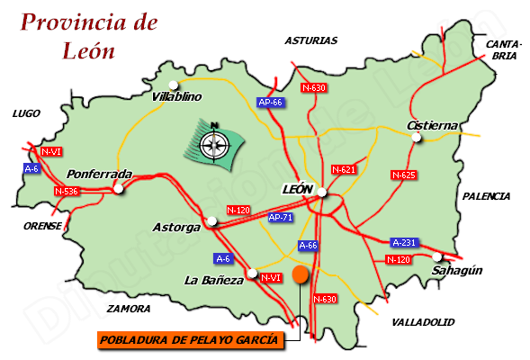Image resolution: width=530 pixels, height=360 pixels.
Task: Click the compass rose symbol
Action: click(214, 142)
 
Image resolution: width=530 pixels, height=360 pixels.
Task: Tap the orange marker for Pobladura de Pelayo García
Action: click(300, 275)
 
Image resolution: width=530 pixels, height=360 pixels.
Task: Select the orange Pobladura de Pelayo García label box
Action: click(188, 339)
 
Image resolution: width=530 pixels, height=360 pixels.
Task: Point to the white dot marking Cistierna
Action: click(416, 138)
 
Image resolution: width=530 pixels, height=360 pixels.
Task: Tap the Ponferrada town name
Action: click(100, 174)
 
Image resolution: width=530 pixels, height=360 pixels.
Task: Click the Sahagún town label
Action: click(457, 270)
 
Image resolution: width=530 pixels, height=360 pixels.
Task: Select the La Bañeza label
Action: click(214, 280)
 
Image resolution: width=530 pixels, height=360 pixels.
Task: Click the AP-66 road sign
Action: click(270, 103)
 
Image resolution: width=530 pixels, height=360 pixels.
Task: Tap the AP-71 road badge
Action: click(281, 217)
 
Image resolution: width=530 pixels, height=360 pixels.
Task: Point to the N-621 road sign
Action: click(345, 169)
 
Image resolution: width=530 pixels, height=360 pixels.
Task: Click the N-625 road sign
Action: click(403, 174)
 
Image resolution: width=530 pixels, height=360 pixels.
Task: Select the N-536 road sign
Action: click(66, 192)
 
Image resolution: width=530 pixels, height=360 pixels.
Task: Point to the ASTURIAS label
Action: click(310, 40)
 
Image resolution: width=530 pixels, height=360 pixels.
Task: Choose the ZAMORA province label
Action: click(128, 309)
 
